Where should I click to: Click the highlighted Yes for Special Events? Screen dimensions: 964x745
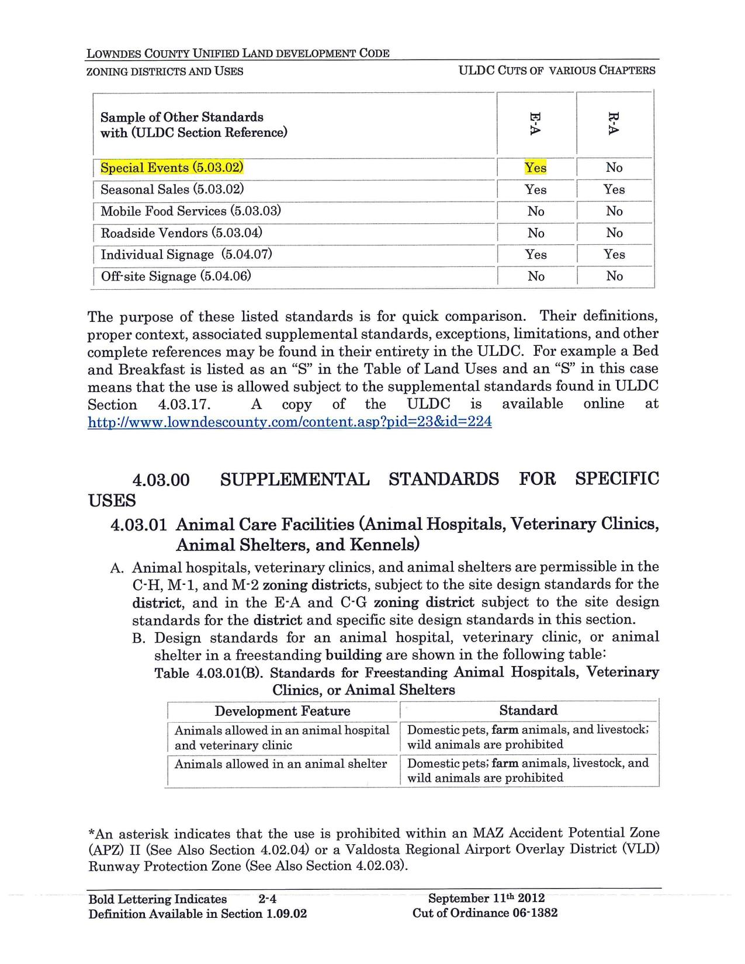click(535, 168)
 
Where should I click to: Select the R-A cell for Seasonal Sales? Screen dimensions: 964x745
click(614, 189)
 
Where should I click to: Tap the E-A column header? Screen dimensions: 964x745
click(535, 124)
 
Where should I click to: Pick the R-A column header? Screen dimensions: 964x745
click(613, 124)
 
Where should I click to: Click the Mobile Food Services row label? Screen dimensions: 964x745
click(190, 211)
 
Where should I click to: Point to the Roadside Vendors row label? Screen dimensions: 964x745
click(181, 233)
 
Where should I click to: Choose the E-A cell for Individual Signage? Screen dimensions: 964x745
click(535, 254)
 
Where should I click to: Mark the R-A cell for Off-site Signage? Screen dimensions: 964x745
click(614, 276)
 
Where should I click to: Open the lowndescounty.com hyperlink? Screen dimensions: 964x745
click(289, 421)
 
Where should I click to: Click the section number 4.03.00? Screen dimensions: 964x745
click(161, 480)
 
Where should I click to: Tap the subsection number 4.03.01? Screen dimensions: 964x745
click(139, 525)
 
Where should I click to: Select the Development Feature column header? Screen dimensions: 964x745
click(282, 711)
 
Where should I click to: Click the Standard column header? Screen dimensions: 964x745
click(528, 710)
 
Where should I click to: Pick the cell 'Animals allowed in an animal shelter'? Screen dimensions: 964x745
click(280, 764)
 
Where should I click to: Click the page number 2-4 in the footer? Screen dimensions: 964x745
click(266, 899)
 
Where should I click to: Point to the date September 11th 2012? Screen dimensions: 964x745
click(486, 899)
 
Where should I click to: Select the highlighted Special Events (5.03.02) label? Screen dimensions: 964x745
click(172, 168)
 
